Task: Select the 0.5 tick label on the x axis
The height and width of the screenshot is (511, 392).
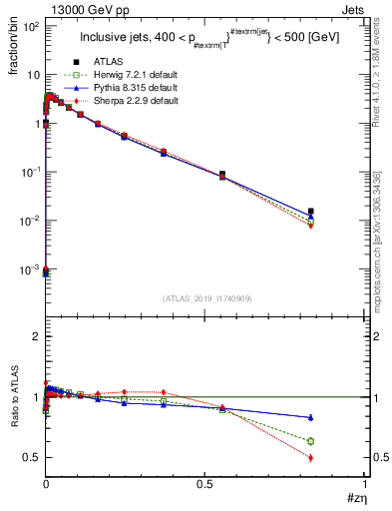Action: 205,482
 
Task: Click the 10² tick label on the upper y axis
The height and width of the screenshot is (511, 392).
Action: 29,26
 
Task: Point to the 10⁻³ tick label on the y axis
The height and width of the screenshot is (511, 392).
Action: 29,269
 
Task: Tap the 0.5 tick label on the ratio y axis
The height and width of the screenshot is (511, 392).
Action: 31,458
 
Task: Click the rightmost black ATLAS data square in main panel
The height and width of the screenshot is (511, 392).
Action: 339,211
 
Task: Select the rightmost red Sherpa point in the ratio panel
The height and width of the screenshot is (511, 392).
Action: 339,458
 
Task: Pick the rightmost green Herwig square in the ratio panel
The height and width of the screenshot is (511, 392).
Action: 339,441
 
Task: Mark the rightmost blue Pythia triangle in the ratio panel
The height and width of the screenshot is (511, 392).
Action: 339,417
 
